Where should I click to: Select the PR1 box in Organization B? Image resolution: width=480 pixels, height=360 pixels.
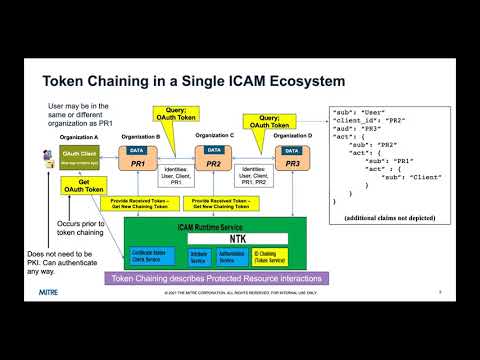[137, 162]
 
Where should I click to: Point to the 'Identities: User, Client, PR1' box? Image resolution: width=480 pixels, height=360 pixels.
[172, 175]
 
